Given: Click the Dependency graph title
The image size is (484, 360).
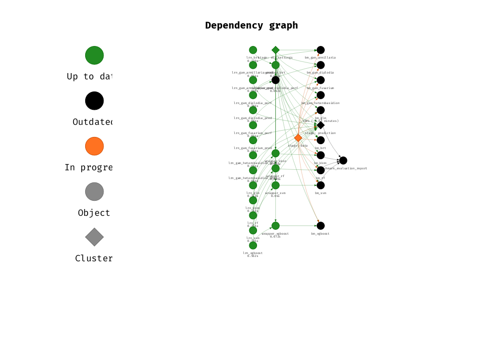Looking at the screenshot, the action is (x=251, y=25).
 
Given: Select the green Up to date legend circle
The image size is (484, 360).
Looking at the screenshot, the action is (x=94, y=55).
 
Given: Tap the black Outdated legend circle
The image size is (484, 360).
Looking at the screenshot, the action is (x=94, y=101).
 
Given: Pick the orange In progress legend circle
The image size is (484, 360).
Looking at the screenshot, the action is (x=94, y=146).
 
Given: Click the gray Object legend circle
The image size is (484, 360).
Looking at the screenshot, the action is (x=94, y=192).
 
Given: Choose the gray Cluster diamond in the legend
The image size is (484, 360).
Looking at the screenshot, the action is (x=94, y=237).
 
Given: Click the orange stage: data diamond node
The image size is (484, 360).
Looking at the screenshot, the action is (x=298, y=138).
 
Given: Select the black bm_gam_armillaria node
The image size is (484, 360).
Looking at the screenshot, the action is (x=320, y=50).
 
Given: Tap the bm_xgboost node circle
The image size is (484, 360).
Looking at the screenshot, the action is (x=320, y=225).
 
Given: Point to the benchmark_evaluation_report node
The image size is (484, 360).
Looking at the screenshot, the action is (x=343, y=160).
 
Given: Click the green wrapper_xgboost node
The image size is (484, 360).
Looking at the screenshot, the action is (x=275, y=225).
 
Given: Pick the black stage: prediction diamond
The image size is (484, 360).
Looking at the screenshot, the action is (x=320, y=125).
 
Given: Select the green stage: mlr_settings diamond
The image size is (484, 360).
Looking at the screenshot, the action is (x=275, y=50).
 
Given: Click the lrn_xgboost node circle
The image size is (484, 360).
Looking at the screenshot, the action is (x=253, y=245).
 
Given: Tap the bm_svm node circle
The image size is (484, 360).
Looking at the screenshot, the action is (x=320, y=185).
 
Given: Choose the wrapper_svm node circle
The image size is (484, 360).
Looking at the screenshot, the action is (x=275, y=185).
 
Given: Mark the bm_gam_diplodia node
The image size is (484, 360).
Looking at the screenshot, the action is (x=320, y=65).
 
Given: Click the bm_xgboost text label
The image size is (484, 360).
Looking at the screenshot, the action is (x=320, y=234).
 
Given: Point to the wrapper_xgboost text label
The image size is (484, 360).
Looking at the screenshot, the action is (x=275, y=234).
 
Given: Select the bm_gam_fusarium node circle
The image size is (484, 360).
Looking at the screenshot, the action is (x=320, y=80).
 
